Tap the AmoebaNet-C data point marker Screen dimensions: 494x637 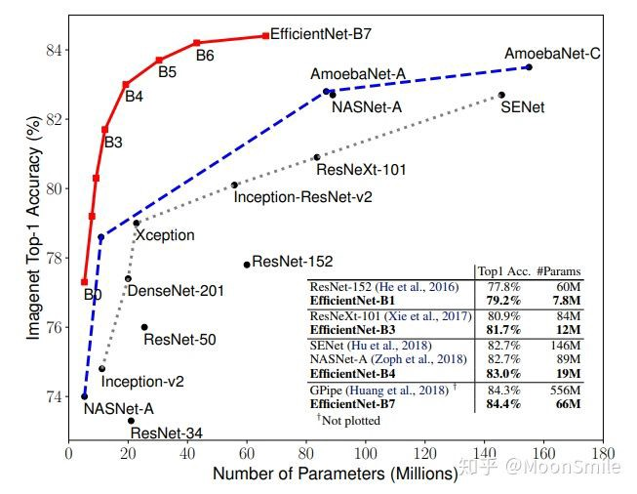click(x=529, y=66)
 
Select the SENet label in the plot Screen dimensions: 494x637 click(x=522, y=106)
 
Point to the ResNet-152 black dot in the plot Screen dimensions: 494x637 click(x=247, y=265)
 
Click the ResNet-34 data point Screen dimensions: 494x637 click(x=131, y=420)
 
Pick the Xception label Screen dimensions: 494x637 click(x=165, y=235)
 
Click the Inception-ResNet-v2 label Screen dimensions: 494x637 click(x=302, y=196)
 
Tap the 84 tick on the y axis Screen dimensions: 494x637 click(x=53, y=50)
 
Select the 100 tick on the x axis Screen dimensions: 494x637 click(x=365, y=454)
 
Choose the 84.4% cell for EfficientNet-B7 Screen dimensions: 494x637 click(x=502, y=404)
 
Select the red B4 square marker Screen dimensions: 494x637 click(x=126, y=85)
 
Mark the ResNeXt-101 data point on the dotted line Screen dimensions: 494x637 click(x=316, y=156)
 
